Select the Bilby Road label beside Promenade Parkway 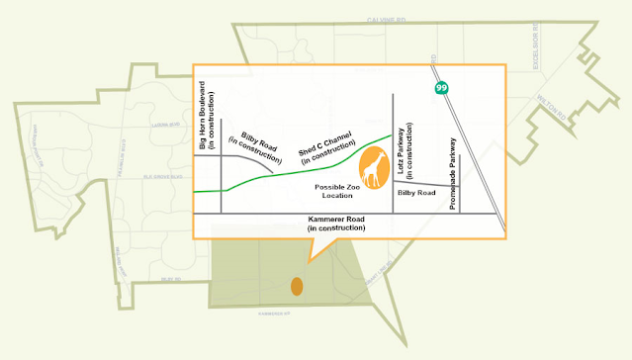point(416,193)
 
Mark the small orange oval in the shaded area point(296,287)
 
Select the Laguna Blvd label point(164,126)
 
